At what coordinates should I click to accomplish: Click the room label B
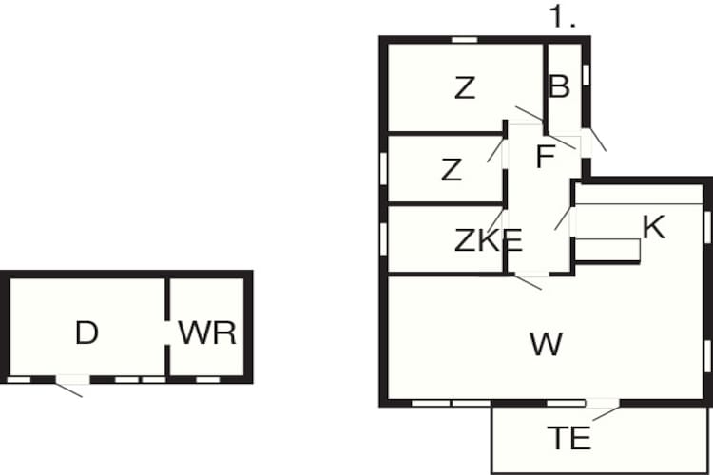pos(559,86)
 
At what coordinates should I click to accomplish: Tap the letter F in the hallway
pos(546,157)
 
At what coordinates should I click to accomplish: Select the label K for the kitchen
pos(654,227)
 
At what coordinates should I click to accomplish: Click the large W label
pos(546,344)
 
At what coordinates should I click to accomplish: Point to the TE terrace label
pos(568,438)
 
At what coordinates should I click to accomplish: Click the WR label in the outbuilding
pos(207,332)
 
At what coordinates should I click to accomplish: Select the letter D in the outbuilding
pos(87,332)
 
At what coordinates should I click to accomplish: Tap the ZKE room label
pos(488,240)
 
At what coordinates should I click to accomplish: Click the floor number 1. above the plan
pos(563,17)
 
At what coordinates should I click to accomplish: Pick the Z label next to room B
pos(465,87)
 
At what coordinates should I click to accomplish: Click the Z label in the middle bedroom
pos(452,170)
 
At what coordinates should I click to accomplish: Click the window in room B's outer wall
pos(587,75)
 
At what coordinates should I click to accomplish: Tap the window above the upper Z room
pos(465,40)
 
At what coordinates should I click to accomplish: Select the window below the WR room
pos(207,380)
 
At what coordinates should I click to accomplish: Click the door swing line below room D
pos(68,390)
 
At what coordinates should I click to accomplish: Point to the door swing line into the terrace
pos(607,413)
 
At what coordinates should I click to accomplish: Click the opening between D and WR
pos(167,332)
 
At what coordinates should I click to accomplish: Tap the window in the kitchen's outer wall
pos(707,227)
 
